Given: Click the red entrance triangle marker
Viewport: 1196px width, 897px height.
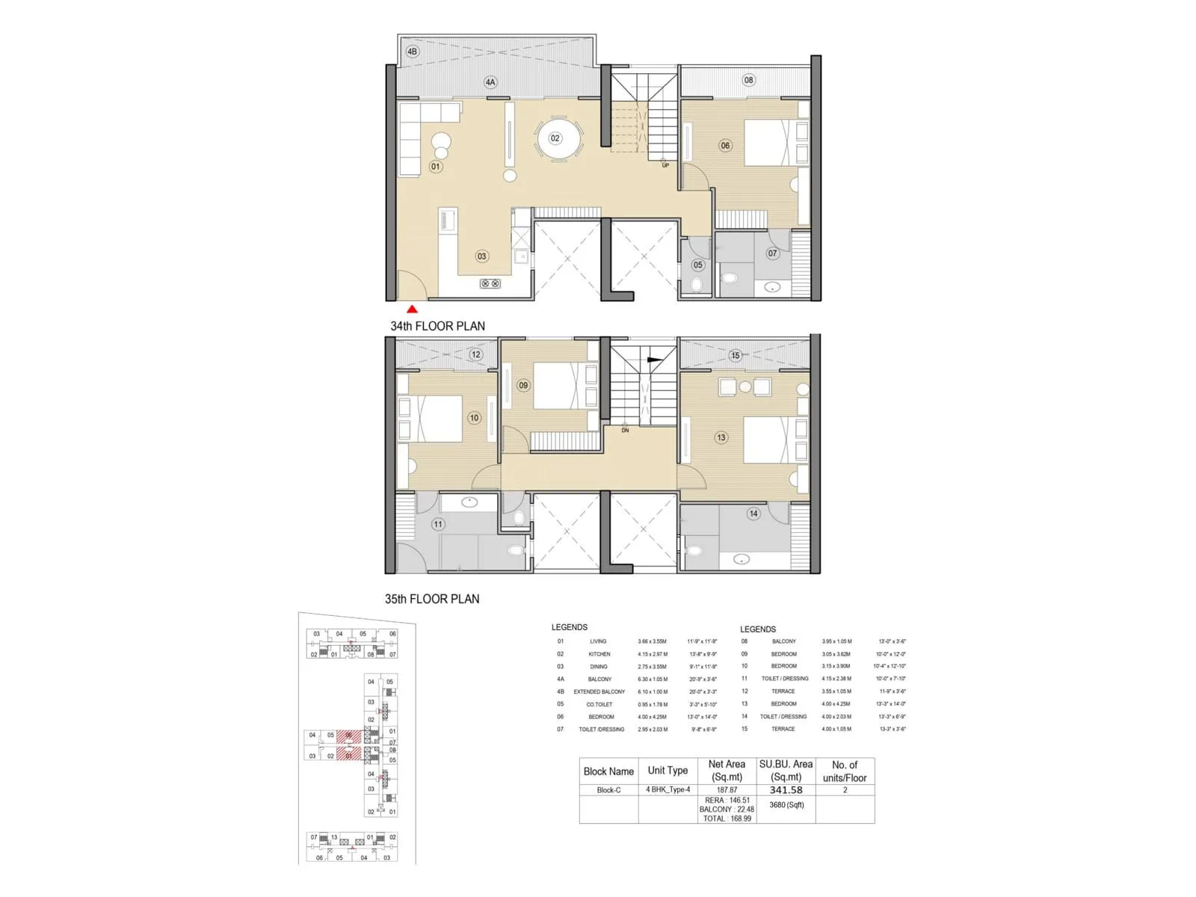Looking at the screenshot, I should pyautogui.click(x=412, y=309).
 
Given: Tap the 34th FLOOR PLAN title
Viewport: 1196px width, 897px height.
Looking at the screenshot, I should pyautogui.click(x=437, y=326).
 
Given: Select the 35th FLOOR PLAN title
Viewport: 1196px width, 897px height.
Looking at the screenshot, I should pyautogui.click(x=432, y=599).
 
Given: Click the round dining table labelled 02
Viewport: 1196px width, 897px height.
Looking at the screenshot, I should pyautogui.click(x=558, y=139).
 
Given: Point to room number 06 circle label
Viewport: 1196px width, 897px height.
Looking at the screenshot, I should pyautogui.click(x=725, y=146).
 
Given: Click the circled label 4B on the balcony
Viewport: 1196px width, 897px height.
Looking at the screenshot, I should pyautogui.click(x=412, y=52).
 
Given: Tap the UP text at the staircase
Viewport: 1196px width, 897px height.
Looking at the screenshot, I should pyautogui.click(x=665, y=165).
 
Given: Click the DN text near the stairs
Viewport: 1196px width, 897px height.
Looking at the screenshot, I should pyautogui.click(x=625, y=431).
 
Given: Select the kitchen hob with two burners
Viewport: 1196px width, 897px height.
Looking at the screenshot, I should pyautogui.click(x=490, y=284).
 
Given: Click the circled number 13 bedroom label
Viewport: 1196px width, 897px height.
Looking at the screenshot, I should pyautogui.click(x=721, y=438).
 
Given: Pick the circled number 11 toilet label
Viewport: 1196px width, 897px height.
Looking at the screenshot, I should pyautogui.click(x=438, y=524).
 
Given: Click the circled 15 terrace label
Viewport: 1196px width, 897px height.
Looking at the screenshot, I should pyautogui.click(x=736, y=356).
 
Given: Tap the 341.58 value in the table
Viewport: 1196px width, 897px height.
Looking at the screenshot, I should pyautogui.click(x=786, y=790).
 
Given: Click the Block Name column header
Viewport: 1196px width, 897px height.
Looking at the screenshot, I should pyautogui.click(x=608, y=771).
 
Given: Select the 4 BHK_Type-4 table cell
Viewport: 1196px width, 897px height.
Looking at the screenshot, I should pyautogui.click(x=668, y=790).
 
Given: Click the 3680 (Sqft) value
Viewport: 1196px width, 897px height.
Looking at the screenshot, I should pyautogui.click(x=786, y=805).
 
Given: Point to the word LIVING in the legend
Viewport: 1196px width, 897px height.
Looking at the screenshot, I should pyautogui.click(x=598, y=641).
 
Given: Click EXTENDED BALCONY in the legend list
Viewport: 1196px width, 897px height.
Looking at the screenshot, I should pyautogui.click(x=599, y=691).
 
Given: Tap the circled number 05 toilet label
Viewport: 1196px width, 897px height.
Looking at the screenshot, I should pyautogui.click(x=697, y=265).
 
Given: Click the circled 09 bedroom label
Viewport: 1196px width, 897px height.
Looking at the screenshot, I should pyautogui.click(x=523, y=386).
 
